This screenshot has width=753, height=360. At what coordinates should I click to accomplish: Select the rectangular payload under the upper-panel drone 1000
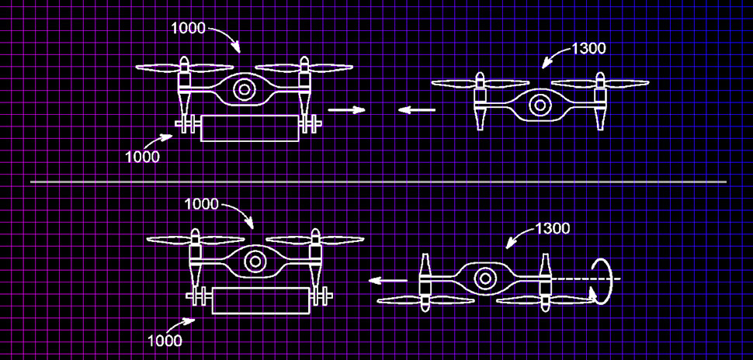click(249, 127)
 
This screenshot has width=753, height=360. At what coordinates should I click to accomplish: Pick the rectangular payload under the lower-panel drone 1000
click(261, 300)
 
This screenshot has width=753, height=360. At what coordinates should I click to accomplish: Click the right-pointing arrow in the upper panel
click(346, 110)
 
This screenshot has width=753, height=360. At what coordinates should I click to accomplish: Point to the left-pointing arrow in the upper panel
click(416, 110)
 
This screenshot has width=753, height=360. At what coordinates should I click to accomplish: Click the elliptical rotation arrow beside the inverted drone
click(602, 279)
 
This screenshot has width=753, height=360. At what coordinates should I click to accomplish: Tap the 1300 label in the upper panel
click(588, 48)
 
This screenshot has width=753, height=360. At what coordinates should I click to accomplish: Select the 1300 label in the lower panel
click(552, 229)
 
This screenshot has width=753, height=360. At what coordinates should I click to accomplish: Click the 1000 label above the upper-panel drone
click(188, 29)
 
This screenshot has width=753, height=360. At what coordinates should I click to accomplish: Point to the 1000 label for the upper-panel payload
click(142, 157)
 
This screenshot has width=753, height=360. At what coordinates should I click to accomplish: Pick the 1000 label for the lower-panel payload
click(164, 341)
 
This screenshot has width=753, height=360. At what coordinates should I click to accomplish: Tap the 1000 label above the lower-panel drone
click(202, 204)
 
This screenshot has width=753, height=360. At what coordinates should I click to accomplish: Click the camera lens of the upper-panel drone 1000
click(244, 90)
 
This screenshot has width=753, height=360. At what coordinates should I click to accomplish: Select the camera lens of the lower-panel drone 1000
click(254, 261)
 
